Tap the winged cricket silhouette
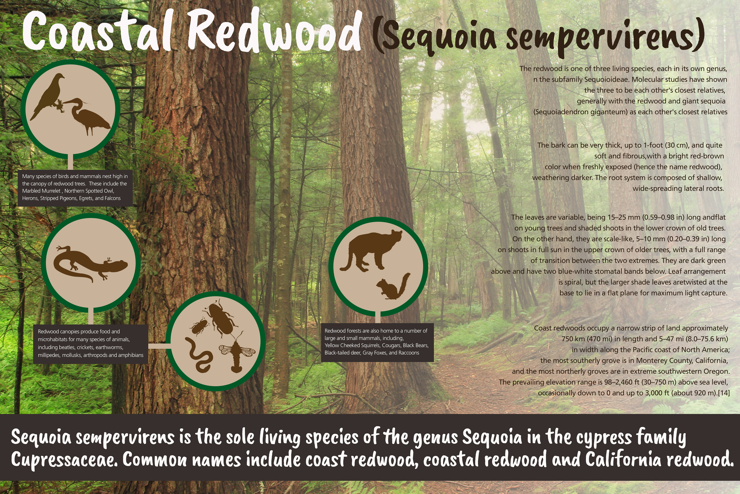(237, 352)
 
